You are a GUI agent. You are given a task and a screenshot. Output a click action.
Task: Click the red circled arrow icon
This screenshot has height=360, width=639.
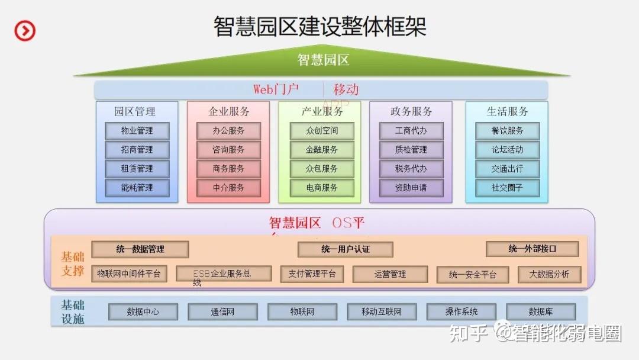click(25, 30)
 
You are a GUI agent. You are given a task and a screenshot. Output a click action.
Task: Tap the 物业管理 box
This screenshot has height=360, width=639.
click(137, 131)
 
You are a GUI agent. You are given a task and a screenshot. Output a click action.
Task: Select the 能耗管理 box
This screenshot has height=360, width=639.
click(137, 188)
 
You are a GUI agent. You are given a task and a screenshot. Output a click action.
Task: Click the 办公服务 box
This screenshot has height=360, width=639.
click(228, 131)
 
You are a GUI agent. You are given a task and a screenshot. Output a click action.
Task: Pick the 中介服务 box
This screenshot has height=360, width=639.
click(228, 188)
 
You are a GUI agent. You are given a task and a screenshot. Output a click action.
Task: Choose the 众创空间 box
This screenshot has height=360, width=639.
click(322, 131)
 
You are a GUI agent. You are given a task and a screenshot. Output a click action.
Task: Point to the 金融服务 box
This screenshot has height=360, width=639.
click(322, 150)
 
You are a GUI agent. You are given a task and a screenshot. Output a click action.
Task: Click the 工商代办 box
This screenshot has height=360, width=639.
click(411, 131)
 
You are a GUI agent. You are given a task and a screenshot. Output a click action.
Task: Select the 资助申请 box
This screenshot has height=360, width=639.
click(411, 188)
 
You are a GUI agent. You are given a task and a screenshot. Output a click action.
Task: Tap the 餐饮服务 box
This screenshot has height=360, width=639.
click(507, 131)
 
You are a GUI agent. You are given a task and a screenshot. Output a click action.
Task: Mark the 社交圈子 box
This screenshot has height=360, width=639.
click(507, 188)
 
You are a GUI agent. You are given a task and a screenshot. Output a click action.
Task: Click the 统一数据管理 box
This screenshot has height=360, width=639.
click(140, 249)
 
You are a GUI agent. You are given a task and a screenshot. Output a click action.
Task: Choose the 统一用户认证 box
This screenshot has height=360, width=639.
click(346, 249)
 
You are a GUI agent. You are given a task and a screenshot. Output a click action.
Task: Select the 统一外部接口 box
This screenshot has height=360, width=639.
click(532, 249)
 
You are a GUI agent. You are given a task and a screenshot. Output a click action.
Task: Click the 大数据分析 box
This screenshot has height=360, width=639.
click(549, 274)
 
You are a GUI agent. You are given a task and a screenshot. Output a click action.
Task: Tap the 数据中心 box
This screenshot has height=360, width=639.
click(143, 311)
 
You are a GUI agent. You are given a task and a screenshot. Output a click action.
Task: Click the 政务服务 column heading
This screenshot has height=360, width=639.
click(411, 111)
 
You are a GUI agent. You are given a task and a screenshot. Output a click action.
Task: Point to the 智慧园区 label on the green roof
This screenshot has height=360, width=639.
click(323, 60)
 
